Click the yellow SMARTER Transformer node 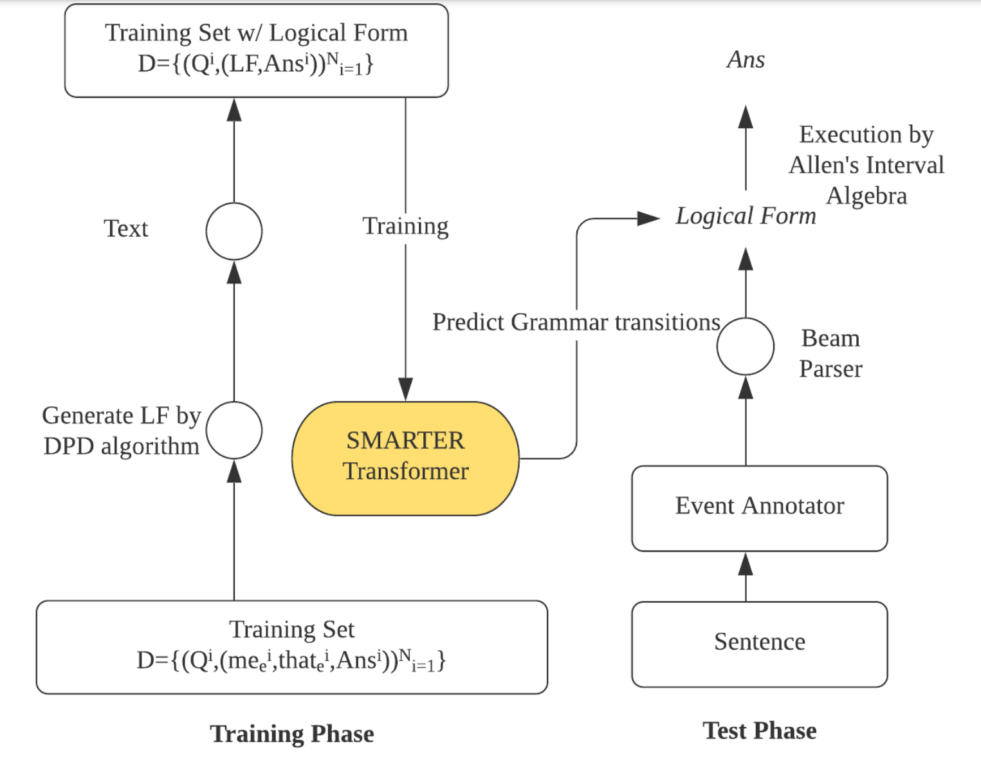pyautogui.click(x=405, y=458)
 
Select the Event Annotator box pyautogui.click(x=759, y=507)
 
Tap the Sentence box pyautogui.click(x=759, y=643)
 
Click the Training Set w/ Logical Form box pyautogui.click(x=256, y=50)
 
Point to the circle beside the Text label pyautogui.click(x=234, y=231)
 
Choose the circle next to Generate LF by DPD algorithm pyautogui.click(x=234, y=430)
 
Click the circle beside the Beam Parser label pyautogui.click(x=745, y=346)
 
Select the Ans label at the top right pyautogui.click(x=746, y=60)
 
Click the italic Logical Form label pyautogui.click(x=746, y=216)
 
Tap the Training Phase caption pyautogui.click(x=291, y=733)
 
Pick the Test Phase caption pyautogui.click(x=759, y=731)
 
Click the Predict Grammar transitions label pyautogui.click(x=576, y=322)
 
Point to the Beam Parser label pyautogui.click(x=830, y=353)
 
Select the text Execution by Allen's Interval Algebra pyautogui.click(x=866, y=165)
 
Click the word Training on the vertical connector pyautogui.click(x=405, y=227)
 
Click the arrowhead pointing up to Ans pyautogui.click(x=746, y=117)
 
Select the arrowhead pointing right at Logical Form pyautogui.click(x=648, y=218)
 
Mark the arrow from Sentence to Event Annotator pyautogui.click(x=746, y=576)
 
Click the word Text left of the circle pyautogui.click(x=126, y=229)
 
